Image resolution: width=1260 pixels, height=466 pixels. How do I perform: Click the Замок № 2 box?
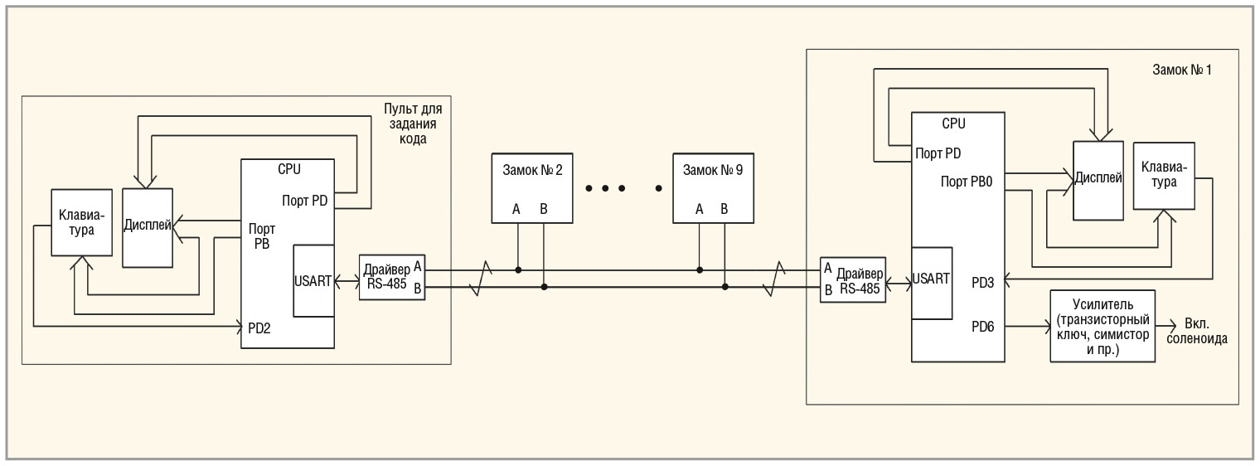[x=531, y=187]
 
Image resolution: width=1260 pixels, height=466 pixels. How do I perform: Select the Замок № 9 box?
[x=713, y=187]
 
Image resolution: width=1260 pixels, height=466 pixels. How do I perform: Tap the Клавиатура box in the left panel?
[x=80, y=222]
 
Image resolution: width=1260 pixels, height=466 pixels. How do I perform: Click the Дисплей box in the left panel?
[x=147, y=227]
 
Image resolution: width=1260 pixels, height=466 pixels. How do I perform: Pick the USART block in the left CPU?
[x=314, y=280]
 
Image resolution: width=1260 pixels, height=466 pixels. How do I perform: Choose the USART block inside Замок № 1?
[x=930, y=282]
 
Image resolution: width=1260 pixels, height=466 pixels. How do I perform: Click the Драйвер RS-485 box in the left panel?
[x=392, y=277]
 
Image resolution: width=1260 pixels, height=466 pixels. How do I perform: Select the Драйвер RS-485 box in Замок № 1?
[x=851, y=279]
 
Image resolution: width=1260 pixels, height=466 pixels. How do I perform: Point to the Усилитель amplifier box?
[x=1102, y=325]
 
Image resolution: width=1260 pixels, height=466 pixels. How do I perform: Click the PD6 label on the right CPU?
[x=984, y=326]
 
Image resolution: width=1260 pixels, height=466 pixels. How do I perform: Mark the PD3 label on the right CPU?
[x=984, y=281]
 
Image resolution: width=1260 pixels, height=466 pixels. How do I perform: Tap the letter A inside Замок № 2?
[x=516, y=209]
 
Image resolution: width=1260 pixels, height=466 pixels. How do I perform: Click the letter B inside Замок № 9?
[x=724, y=209]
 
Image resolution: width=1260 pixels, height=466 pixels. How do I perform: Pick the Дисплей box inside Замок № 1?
[x=1098, y=179]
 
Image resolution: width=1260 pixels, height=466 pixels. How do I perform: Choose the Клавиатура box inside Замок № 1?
[x=1164, y=175]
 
